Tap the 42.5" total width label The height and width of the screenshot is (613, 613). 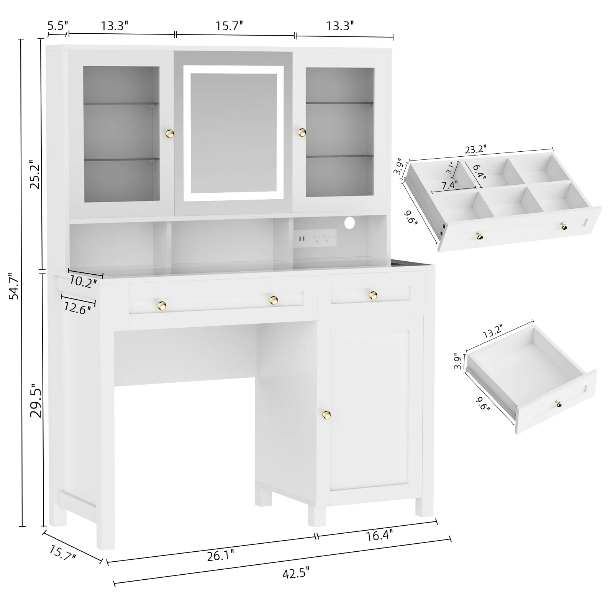[295, 584]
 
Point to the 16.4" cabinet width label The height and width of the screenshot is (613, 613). [379, 535]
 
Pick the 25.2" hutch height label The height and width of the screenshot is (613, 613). [36, 174]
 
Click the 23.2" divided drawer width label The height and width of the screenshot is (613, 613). [475, 149]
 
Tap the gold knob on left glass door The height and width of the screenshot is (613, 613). [170, 133]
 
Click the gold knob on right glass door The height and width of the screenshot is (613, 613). [302, 132]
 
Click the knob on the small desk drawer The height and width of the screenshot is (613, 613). [372, 295]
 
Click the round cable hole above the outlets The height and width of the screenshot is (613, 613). [350, 222]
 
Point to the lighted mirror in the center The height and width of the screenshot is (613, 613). [233, 133]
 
